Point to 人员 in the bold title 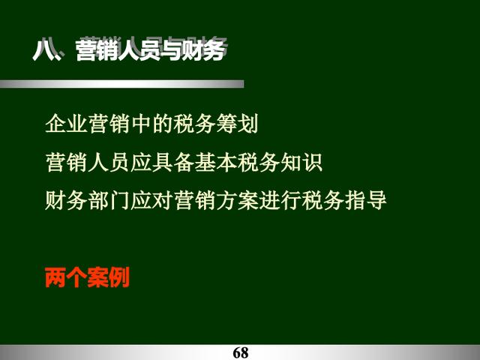[139, 50]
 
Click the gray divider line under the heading [121, 84]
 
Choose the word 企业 [67, 124]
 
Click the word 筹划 [237, 124]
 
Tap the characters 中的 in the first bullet [151, 124]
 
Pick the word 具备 [173, 162]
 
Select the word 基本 [215, 162]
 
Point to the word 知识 [301, 162]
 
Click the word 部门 [109, 200]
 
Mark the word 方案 [237, 200]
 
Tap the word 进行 [280, 200]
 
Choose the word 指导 [365, 200]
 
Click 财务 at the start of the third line [67, 200]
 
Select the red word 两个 [66, 277]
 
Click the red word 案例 [108, 277]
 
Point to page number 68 [241, 352]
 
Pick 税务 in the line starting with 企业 [194, 124]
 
